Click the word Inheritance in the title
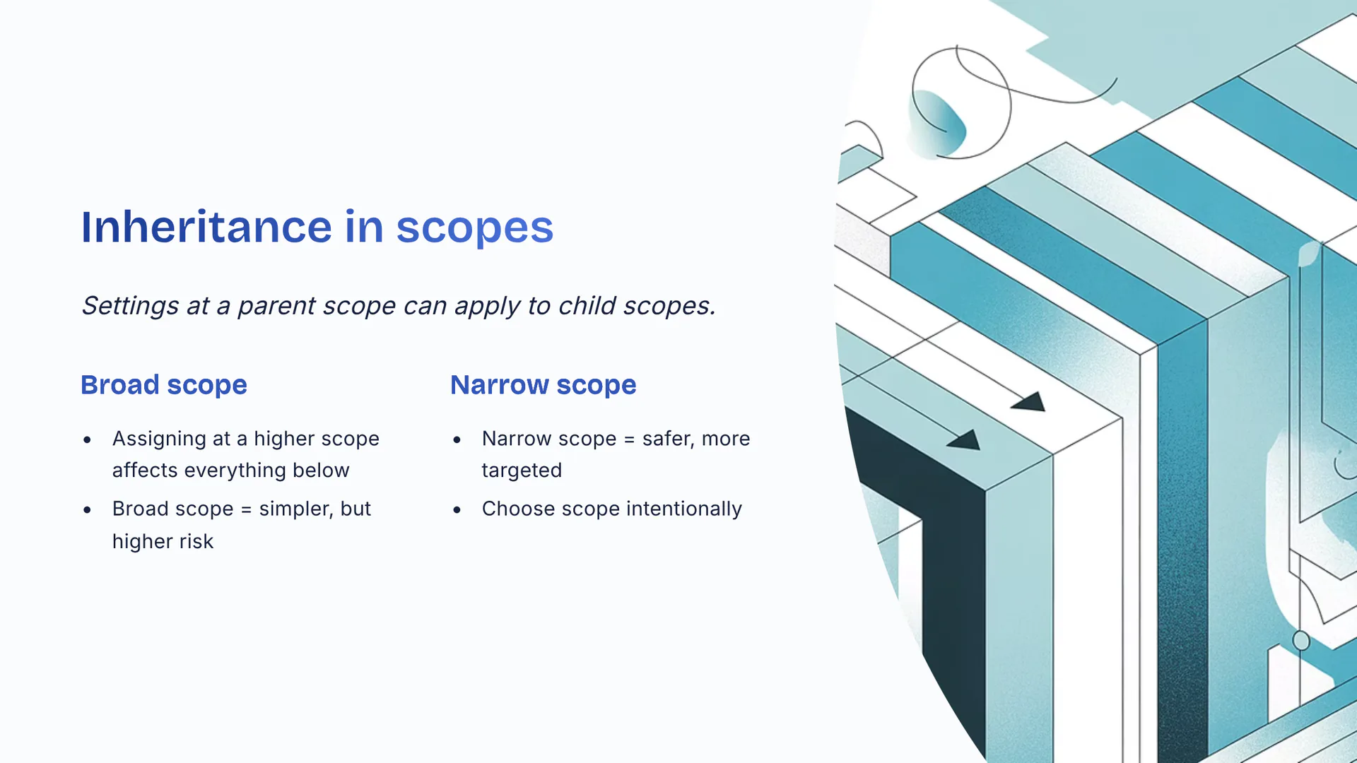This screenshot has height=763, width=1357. (x=206, y=227)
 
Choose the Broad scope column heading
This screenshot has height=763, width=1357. (x=164, y=386)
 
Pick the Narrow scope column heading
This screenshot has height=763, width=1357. (x=544, y=386)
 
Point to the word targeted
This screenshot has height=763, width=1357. (x=522, y=471)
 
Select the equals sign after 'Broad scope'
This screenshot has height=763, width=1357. (x=246, y=510)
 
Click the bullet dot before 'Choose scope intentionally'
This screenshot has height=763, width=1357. (x=457, y=510)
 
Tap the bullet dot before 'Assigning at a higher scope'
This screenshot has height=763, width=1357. (x=87, y=440)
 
